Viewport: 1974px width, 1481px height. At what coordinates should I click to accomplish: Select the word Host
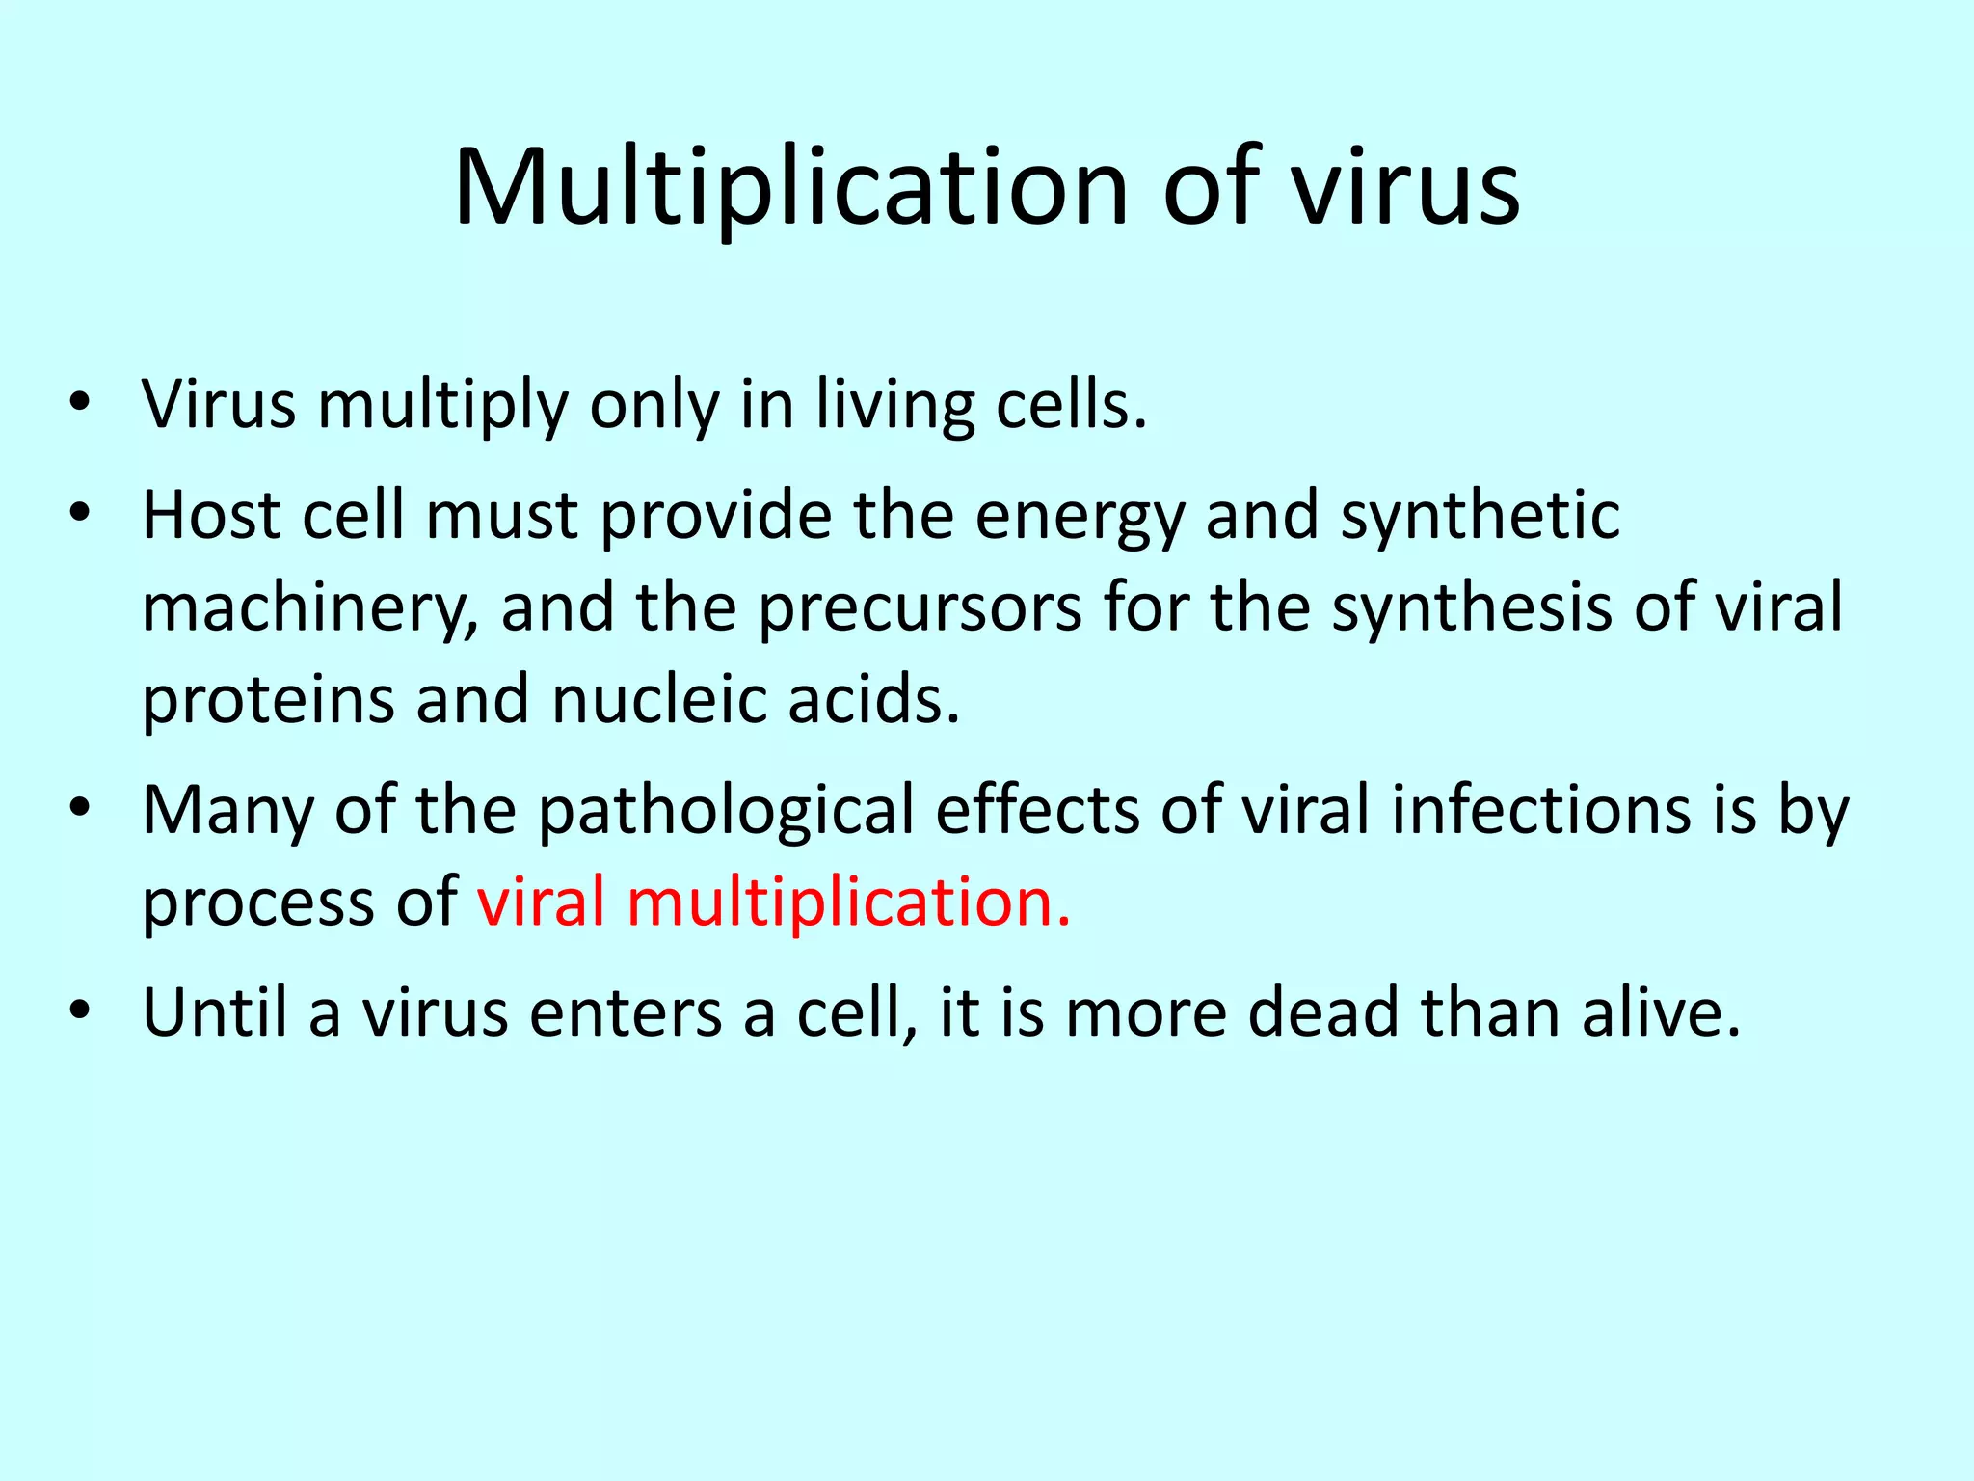click(211, 514)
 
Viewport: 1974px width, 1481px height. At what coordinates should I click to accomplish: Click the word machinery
click(309, 608)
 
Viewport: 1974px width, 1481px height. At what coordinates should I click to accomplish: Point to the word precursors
click(920, 608)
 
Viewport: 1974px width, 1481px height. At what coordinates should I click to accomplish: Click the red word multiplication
click(848, 903)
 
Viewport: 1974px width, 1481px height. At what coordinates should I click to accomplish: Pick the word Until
click(215, 1012)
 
